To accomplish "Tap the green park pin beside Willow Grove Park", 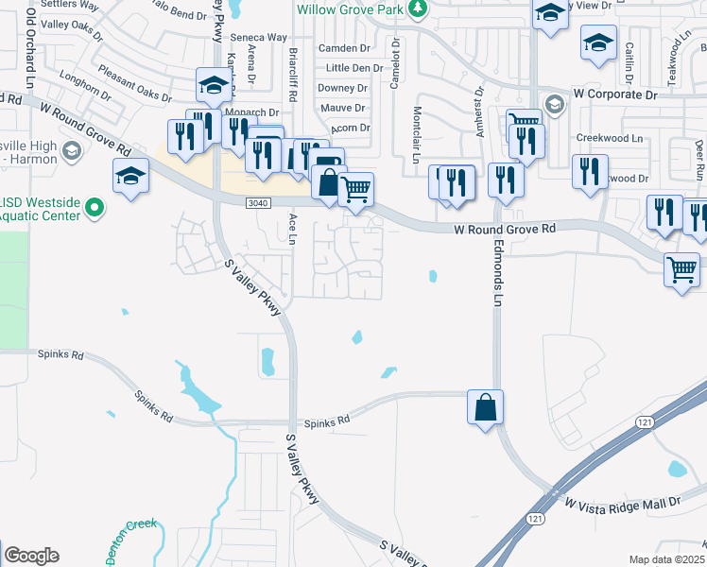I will click(x=418, y=9).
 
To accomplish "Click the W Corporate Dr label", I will click(x=614, y=95).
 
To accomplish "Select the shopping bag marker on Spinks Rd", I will click(x=485, y=407).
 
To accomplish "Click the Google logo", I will click(x=31, y=556).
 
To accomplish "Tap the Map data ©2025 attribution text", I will click(x=666, y=559).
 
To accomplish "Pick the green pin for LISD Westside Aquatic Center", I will click(x=94, y=206).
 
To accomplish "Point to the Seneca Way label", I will click(x=258, y=38).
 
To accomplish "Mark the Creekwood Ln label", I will click(x=610, y=138).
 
